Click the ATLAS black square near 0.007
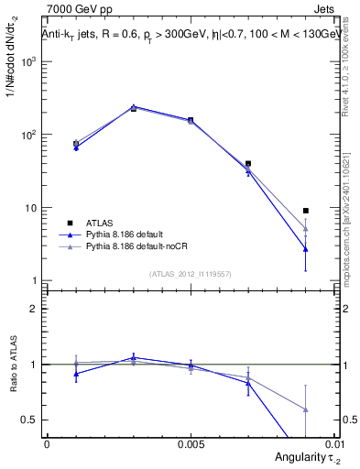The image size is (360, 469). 248,163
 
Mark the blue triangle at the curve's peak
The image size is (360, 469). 134,107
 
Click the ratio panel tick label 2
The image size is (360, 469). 35,309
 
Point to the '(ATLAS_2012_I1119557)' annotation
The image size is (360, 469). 190,273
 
